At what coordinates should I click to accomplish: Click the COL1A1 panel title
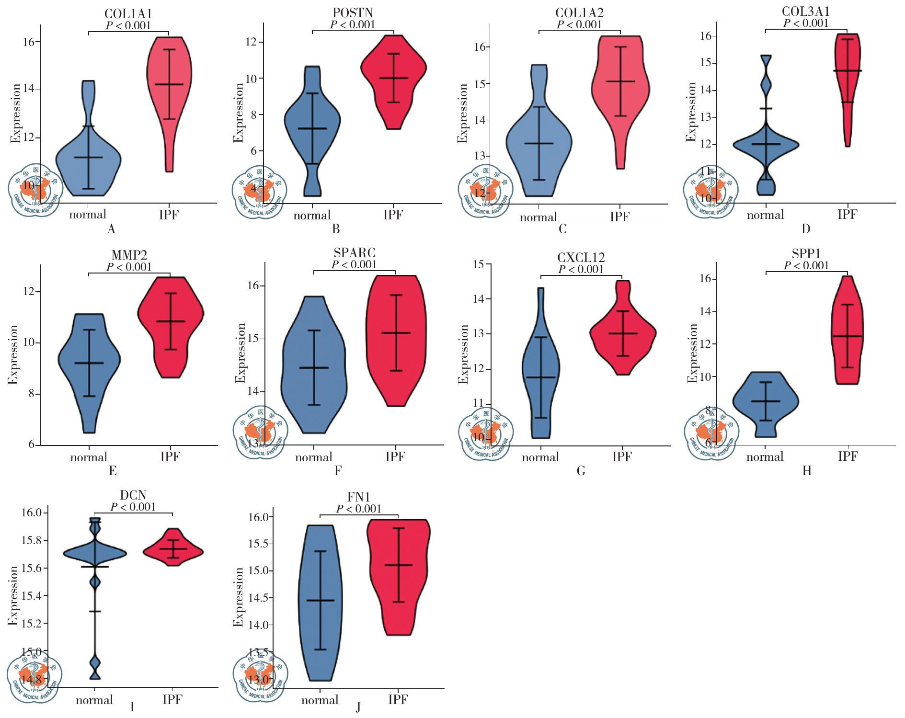128,14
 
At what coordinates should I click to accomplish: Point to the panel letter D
806,229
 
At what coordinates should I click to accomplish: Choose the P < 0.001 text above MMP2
129,267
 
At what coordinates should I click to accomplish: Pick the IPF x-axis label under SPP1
847,456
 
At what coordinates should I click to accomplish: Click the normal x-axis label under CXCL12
540,457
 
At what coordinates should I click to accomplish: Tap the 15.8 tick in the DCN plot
31,540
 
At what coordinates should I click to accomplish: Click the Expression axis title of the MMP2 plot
13,354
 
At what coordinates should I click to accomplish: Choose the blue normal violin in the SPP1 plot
766,402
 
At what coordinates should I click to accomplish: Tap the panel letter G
581,471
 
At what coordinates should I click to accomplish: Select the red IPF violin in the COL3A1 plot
847,72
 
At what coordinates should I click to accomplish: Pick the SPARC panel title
354,253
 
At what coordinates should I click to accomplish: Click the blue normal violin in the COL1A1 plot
89,163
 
